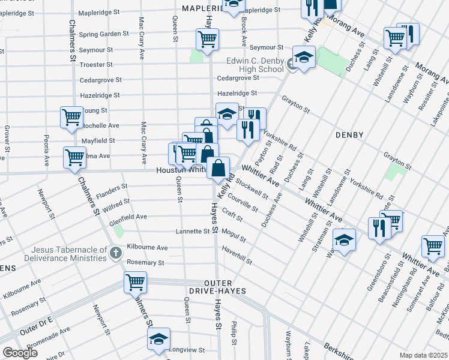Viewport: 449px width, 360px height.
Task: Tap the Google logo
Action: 19,353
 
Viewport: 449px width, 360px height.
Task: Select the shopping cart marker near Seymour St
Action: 207,40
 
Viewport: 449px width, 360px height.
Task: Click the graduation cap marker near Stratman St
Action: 343,241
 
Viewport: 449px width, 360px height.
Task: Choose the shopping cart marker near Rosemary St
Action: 136,281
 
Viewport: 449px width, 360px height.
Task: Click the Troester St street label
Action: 97,64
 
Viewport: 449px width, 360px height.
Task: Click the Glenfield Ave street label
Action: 128,217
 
